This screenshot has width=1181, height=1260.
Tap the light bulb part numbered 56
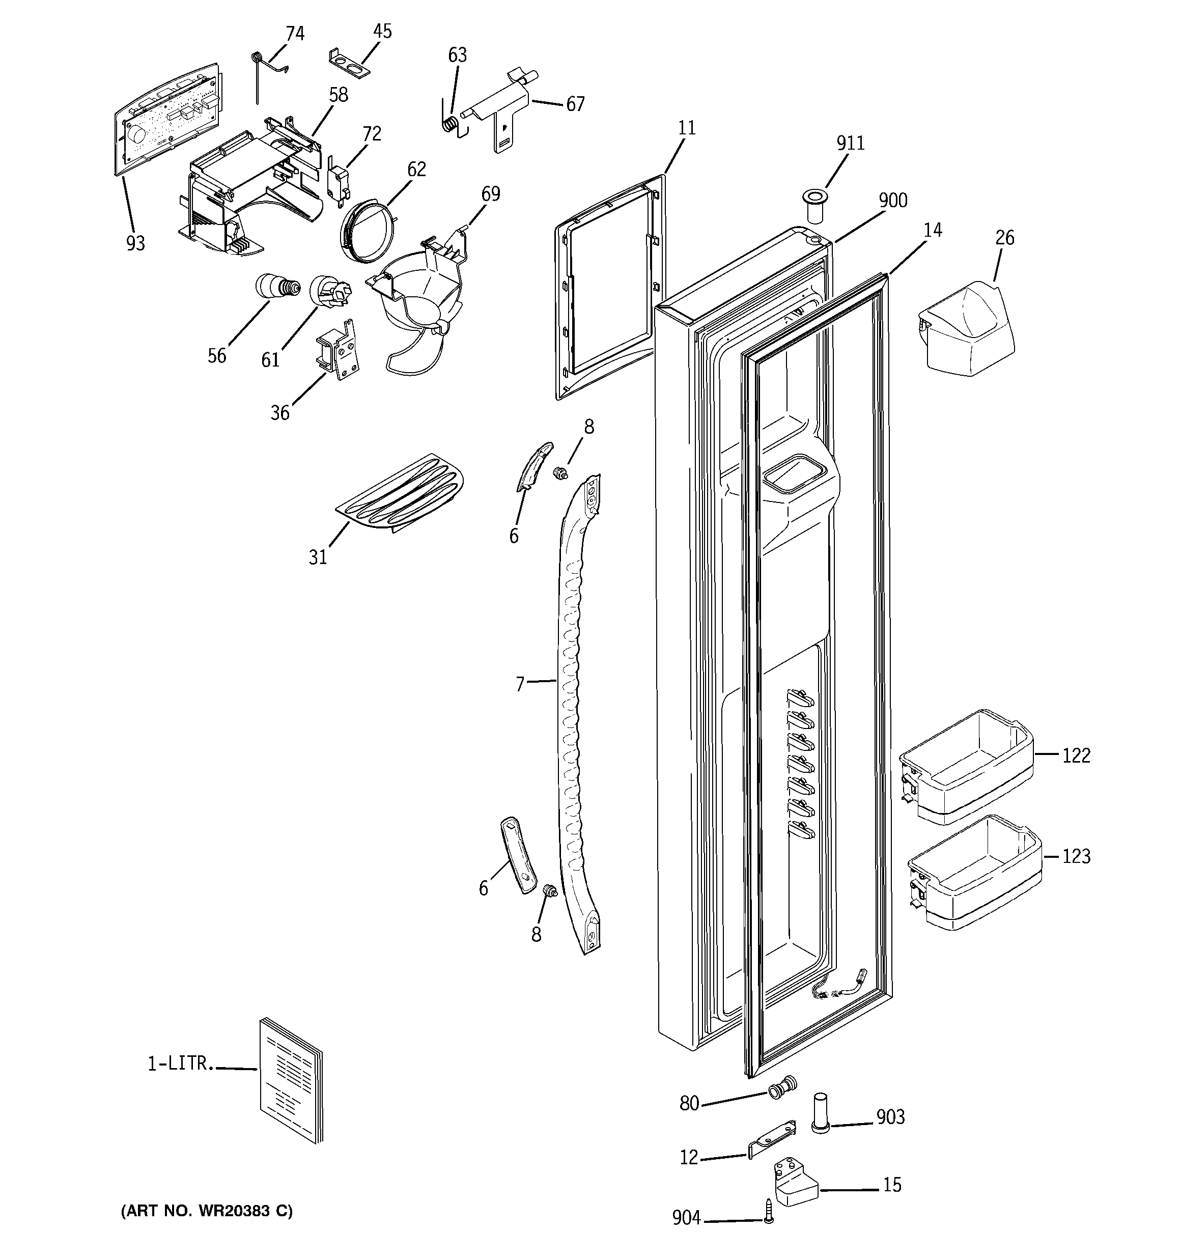(x=276, y=287)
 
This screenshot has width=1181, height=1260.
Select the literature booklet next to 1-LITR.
(x=290, y=1088)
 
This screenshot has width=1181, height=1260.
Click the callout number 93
(x=135, y=243)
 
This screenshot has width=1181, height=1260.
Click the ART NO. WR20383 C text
(x=207, y=1211)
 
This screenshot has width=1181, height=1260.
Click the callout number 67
(x=575, y=104)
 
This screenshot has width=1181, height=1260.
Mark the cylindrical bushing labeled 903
(x=820, y=1112)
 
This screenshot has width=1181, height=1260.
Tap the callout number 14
(x=932, y=230)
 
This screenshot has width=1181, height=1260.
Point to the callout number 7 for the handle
(x=520, y=685)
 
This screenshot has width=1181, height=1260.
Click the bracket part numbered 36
(x=338, y=350)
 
